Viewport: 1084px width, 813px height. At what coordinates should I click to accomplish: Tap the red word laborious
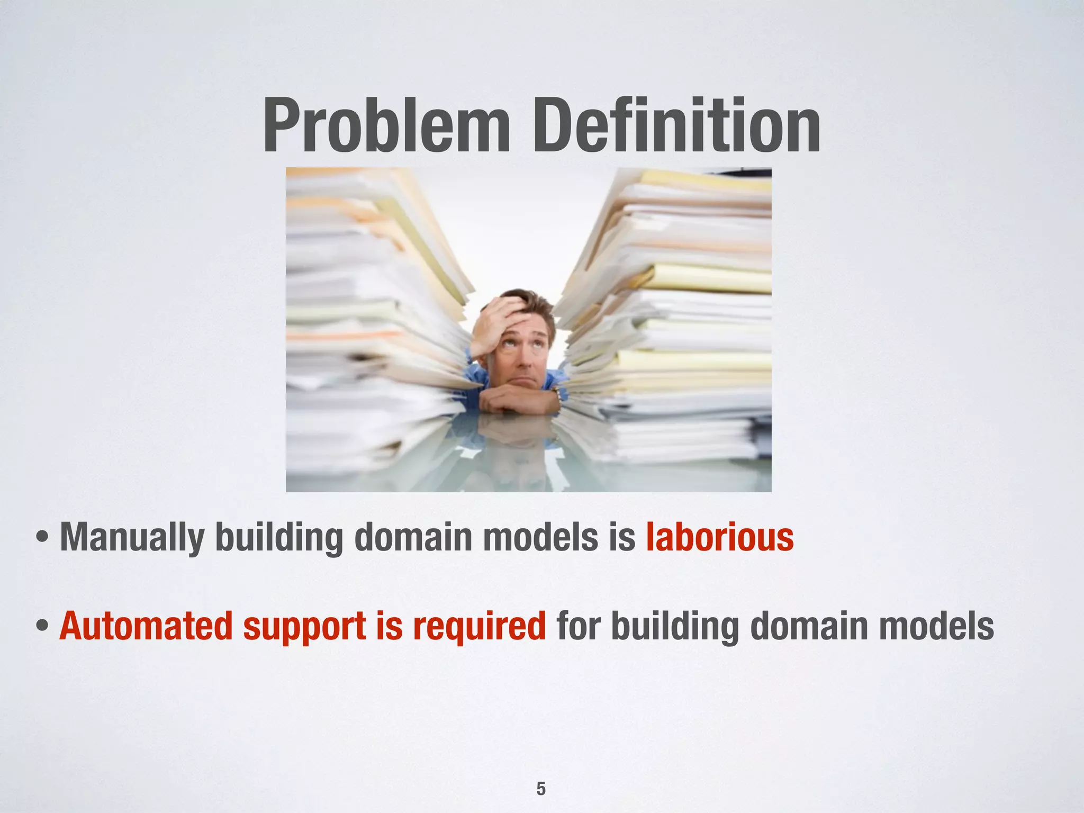click(x=719, y=537)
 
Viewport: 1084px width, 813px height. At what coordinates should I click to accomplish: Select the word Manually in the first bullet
click(x=132, y=538)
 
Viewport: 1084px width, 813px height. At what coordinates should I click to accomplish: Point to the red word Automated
click(x=146, y=626)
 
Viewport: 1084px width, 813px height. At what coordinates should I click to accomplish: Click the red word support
click(x=304, y=627)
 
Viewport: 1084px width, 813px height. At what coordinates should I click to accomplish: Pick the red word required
click(x=479, y=627)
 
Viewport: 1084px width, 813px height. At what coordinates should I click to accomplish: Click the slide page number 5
click(x=541, y=774)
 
